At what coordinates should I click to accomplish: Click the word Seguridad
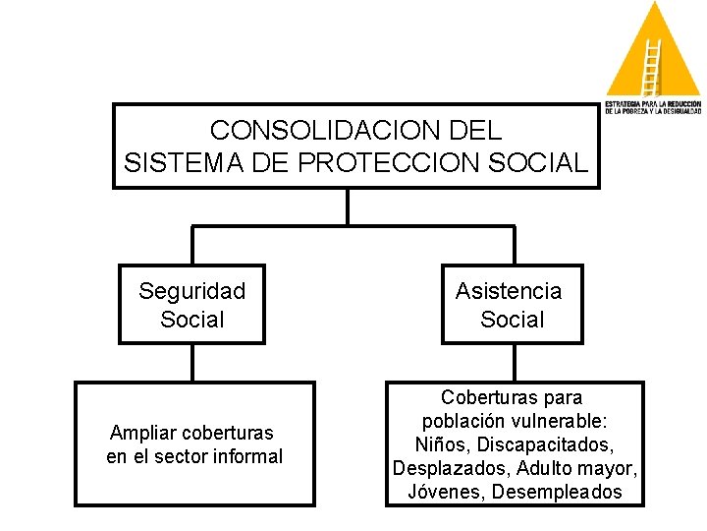pyautogui.click(x=191, y=291)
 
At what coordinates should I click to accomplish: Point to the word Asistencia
pyautogui.click(x=509, y=291)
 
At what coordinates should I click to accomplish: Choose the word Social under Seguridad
pyautogui.click(x=191, y=320)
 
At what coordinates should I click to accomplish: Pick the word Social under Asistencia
pyautogui.click(x=512, y=320)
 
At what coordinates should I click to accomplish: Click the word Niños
pyautogui.click(x=442, y=444)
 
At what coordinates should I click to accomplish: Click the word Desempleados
pyautogui.click(x=559, y=492)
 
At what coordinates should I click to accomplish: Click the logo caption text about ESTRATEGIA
pyautogui.click(x=652, y=107)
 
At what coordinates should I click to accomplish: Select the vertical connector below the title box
pyautogui.click(x=348, y=206)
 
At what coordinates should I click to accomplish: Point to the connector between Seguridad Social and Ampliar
pyautogui.click(x=192, y=362)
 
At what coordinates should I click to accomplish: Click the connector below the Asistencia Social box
pyautogui.click(x=512, y=362)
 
